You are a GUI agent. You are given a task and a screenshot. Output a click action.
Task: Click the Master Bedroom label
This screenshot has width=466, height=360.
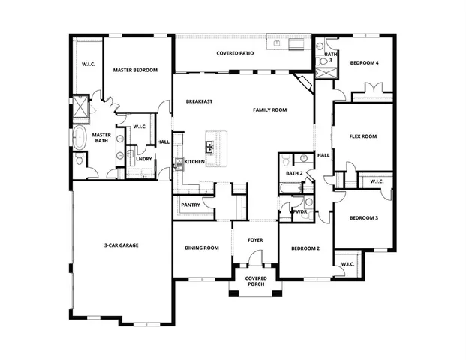(x=135, y=70)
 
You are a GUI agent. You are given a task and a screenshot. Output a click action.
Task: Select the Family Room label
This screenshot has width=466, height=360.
(x=270, y=110)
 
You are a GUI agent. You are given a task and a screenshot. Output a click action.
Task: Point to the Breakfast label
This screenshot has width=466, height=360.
(x=200, y=101)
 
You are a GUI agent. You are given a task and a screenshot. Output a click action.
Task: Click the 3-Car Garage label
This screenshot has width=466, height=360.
(x=121, y=245)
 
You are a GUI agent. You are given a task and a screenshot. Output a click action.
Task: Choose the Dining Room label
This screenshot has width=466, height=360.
(x=202, y=247)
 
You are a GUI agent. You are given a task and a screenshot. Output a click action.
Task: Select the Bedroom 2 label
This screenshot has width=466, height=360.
(x=305, y=247)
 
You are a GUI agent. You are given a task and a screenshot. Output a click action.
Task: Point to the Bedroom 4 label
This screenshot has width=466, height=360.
(x=364, y=63)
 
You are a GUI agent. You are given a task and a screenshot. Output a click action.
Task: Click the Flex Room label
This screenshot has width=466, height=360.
(x=363, y=136)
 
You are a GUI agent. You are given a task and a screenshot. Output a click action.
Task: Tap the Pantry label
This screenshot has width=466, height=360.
(x=190, y=205)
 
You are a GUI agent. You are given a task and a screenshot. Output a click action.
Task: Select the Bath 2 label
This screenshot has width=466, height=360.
(x=293, y=173)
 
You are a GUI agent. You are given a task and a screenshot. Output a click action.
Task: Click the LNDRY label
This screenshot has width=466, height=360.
(x=145, y=158)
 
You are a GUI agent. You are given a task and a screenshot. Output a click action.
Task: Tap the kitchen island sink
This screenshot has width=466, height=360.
(x=211, y=145)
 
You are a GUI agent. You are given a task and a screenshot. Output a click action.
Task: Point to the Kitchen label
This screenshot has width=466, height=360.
(x=194, y=162)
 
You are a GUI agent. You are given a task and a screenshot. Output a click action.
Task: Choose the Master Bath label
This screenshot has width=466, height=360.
(x=101, y=139)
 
